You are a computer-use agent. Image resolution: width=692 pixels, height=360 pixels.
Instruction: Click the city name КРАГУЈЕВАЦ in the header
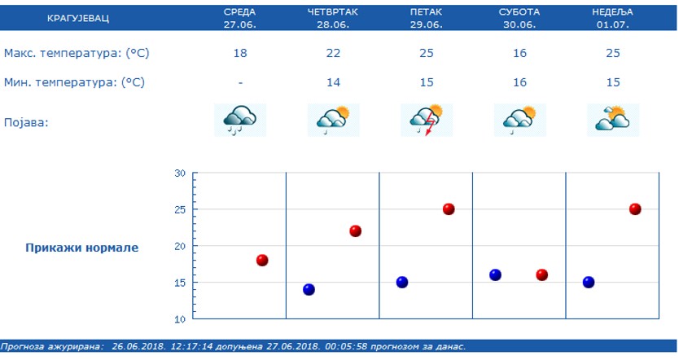click(77, 18)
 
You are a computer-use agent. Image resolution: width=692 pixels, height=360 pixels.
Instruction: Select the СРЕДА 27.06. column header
click(239, 18)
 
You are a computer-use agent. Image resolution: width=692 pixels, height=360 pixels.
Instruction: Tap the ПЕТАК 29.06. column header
click(427, 18)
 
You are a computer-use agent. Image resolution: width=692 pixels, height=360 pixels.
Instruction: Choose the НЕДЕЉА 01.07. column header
click(613, 18)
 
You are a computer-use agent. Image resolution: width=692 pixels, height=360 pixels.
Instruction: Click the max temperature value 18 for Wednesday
click(239, 54)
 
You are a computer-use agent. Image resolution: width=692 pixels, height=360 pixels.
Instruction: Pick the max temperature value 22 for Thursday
click(333, 54)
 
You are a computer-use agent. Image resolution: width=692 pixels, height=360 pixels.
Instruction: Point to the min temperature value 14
click(333, 82)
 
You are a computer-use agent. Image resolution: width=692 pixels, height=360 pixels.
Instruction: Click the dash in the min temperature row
click(239, 82)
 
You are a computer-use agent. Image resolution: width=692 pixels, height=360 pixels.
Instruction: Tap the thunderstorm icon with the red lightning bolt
click(427, 121)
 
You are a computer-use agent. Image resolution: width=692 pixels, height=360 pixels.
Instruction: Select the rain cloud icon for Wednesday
click(239, 121)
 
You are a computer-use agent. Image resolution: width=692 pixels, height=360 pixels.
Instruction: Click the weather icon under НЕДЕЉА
click(613, 121)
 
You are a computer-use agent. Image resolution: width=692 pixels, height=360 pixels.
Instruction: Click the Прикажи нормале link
click(81, 248)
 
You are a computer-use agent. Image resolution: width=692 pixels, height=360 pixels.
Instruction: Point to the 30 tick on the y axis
click(180, 173)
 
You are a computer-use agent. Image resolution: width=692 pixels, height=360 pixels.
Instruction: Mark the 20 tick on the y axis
click(180, 246)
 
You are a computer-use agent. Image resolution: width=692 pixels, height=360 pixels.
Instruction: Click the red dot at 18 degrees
click(262, 261)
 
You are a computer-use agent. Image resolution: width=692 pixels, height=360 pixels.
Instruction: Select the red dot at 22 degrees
click(355, 231)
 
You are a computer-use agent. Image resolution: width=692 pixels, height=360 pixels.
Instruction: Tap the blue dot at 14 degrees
click(309, 289)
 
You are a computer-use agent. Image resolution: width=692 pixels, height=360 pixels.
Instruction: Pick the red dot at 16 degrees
click(541, 275)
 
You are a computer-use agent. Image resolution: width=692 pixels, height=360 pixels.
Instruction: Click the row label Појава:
click(26, 122)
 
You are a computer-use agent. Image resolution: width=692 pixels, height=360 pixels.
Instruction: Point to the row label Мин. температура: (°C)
click(74, 82)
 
